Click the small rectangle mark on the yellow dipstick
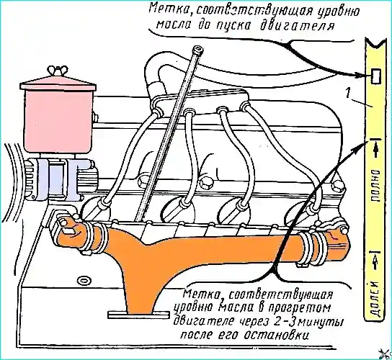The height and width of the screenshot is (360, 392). tap(375, 76)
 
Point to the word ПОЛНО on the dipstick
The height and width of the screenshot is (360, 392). tap(375, 186)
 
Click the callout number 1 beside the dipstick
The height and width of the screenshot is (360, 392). tap(348, 94)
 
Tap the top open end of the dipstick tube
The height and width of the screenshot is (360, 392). tap(197, 49)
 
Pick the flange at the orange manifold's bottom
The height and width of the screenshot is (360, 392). tap(138, 315)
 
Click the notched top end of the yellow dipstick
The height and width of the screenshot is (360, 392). tap(375, 43)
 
